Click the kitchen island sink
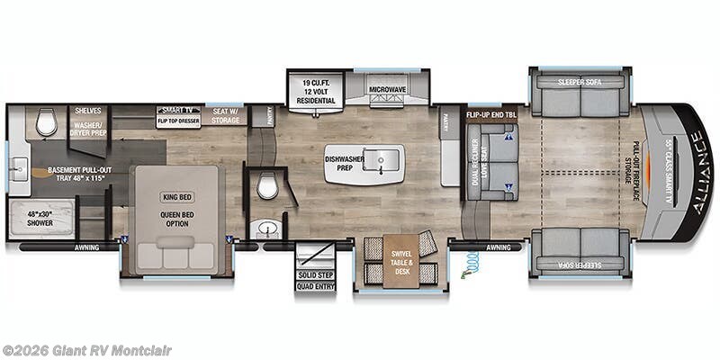coord(380,162)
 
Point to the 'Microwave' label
coord(389,90)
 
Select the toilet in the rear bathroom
coord(47,123)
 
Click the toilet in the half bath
coord(268,186)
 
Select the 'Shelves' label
coord(88,109)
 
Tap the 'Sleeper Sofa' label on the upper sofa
coord(579,82)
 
